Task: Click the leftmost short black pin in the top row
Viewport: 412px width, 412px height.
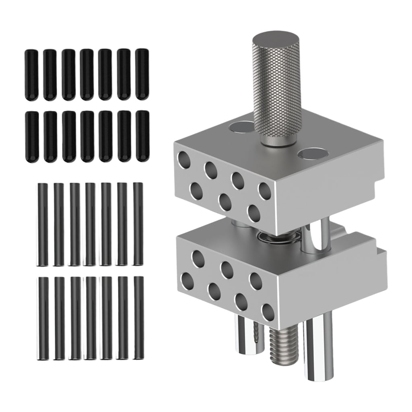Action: (31, 74)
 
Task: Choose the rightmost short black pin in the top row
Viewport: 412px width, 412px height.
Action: (142, 74)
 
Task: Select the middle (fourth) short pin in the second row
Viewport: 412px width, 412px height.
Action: (87, 136)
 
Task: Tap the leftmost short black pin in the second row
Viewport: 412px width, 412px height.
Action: (31, 136)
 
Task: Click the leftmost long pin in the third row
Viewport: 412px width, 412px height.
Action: (42, 224)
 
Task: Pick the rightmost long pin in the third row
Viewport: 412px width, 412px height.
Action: (138, 224)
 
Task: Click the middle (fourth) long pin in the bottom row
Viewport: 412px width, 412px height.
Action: (90, 318)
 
